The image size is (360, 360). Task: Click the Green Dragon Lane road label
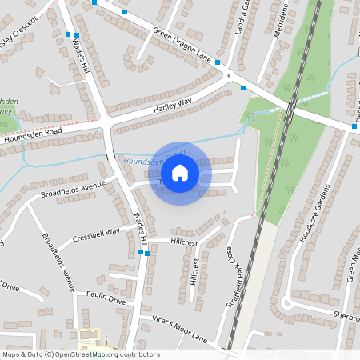182,46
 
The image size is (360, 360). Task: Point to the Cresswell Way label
95,233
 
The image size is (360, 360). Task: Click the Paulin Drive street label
106,301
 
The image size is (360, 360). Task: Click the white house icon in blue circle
180,173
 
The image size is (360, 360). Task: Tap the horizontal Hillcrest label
183,241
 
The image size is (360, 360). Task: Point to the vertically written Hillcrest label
194,271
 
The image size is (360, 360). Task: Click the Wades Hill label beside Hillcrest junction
140,230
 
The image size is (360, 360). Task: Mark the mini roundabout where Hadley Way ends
230,75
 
